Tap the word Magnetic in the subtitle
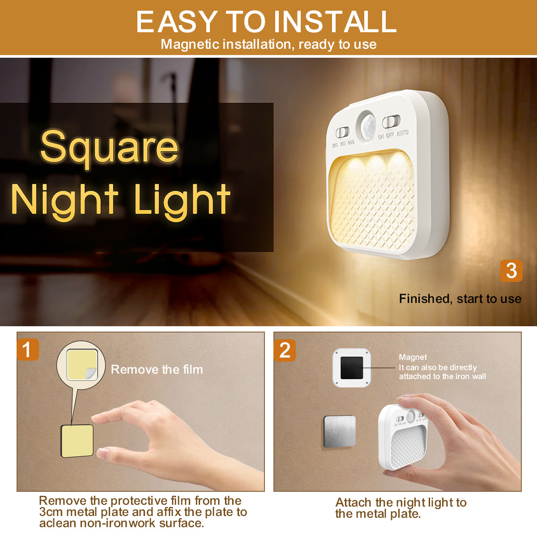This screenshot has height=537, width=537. pyautogui.click(x=190, y=44)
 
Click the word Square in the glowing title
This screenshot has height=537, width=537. pyautogui.click(x=109, y=148)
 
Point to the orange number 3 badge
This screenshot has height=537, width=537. pyautogui.click(x=511, y=270)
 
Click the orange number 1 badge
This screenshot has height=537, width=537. pyautogui.click(x=28, y=349)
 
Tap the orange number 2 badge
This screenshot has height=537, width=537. pyautogui.click(x=285, y=350)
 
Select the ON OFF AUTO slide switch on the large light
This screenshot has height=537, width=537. pyautogui.click(x=391, y=121)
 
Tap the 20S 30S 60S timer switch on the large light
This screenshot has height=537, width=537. pyautogui.click(x=343, y=132)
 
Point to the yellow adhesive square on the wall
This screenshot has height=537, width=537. pyautogui.click(x=77, y=441)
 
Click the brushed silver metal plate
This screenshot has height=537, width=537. pyautogui.click(x=339, y=431)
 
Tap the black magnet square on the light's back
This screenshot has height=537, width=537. pyautogui.click(x=351, y=367)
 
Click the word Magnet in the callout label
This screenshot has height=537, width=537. pyautogui.click(x=413, y=357)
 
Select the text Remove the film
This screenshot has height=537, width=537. pyautogui.click(x=157, y=370)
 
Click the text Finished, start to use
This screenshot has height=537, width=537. pyautogui.click(x=460, y=298)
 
